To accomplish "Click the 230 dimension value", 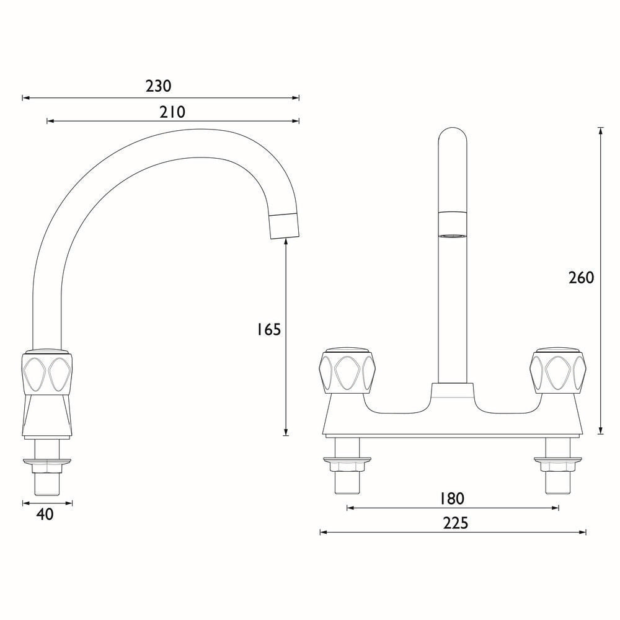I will click(159, 86).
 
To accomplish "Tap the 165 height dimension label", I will click(268, 330).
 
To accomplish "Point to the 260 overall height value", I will click(581, 277).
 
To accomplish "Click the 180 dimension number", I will click(452, 498).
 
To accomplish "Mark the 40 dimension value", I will click(45, 514).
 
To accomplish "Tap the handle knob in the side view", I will click(48, 373).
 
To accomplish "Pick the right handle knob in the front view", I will click(558, 372).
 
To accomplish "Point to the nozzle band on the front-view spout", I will click(453, 224).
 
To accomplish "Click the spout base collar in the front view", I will click(453, 391).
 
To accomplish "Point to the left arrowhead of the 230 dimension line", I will click(25, 97).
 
